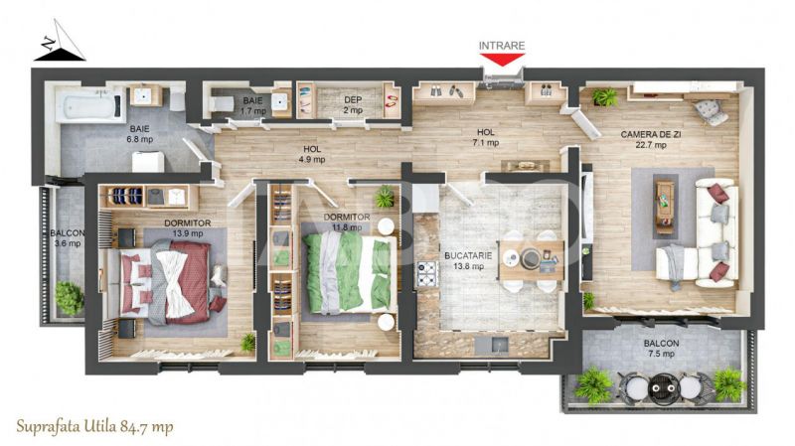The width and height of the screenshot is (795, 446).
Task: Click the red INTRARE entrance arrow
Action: point(502,60)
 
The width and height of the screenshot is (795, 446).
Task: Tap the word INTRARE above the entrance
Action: point(502,46)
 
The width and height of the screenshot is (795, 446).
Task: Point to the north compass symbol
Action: point(60,41)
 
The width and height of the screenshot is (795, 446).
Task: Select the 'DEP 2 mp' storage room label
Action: point(353,105)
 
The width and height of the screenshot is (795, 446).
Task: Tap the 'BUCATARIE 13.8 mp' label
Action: point(468,261)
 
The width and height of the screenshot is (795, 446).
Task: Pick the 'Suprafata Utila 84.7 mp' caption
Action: point(94,427)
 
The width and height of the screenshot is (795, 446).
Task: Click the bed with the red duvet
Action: point(167,282)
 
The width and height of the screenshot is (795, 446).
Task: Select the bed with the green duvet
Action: point(350,274)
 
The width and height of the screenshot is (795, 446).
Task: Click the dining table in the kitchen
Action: point(532,260)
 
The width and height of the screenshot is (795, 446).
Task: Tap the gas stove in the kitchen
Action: point(427,274)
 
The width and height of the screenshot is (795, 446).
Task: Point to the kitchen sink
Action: point(492,345)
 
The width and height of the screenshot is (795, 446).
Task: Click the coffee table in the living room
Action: point(664,207)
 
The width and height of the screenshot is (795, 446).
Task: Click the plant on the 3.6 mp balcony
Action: point(69,298)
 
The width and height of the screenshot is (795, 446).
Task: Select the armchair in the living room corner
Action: point(711,112)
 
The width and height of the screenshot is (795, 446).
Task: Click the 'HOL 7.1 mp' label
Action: point(486,137)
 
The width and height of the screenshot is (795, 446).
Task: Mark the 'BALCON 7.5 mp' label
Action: point(661,349)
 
